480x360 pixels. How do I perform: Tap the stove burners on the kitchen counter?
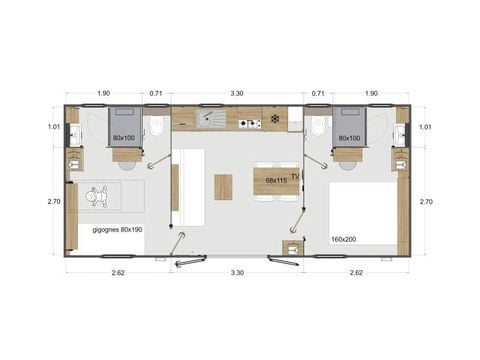point(247,121)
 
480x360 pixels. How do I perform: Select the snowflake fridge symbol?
point(274,121)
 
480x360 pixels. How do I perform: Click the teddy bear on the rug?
point(100,199)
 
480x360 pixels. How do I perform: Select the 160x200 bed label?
point(344,239)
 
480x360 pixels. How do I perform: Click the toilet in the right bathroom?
point(318,127)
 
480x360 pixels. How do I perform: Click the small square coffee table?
point(224,186)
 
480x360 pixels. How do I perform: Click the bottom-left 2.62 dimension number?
point(118,271)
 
